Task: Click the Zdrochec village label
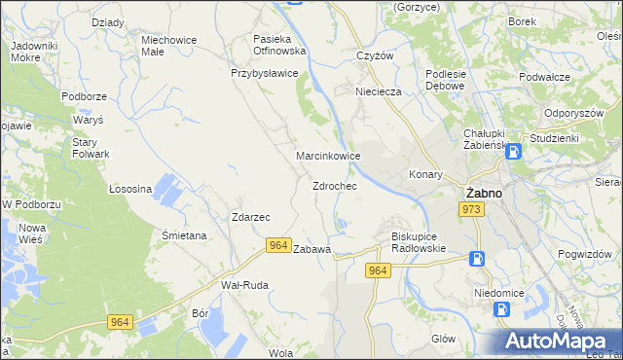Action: [x=334, y=186]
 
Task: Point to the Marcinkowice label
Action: [x=329, y=156]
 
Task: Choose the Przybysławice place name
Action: [x=264, y=73]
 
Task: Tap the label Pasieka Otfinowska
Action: [x=279, y=44]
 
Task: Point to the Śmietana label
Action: [x=183, y=235]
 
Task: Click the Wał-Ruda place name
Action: [x=244, y=285]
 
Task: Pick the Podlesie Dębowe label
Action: [x=447, y=80]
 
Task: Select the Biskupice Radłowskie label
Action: [x=418, y=241]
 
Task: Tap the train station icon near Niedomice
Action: [x=501, y=309]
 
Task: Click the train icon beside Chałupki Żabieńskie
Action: [x=513, y=151]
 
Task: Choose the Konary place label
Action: [x=425, y=175]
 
